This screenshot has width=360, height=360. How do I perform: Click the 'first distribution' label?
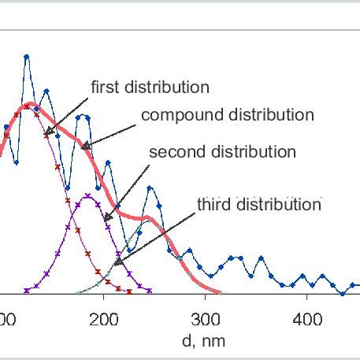(150, 86)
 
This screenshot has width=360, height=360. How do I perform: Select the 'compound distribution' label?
(227, 115)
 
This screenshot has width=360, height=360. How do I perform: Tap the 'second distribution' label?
(234, 151)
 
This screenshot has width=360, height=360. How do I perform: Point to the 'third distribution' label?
(259, 205)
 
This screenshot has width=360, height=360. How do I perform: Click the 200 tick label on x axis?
(104, 319)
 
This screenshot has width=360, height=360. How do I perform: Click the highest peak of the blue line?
(27, 57)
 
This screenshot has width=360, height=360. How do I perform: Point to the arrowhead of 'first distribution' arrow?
(46, 134)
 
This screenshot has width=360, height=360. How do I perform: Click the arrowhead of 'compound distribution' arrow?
(81, 149)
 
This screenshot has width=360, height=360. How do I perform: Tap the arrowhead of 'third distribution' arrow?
(115, 264)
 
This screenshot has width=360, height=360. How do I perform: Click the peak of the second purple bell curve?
(86, 195)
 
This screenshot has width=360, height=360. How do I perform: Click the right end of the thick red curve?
(246, 293)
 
